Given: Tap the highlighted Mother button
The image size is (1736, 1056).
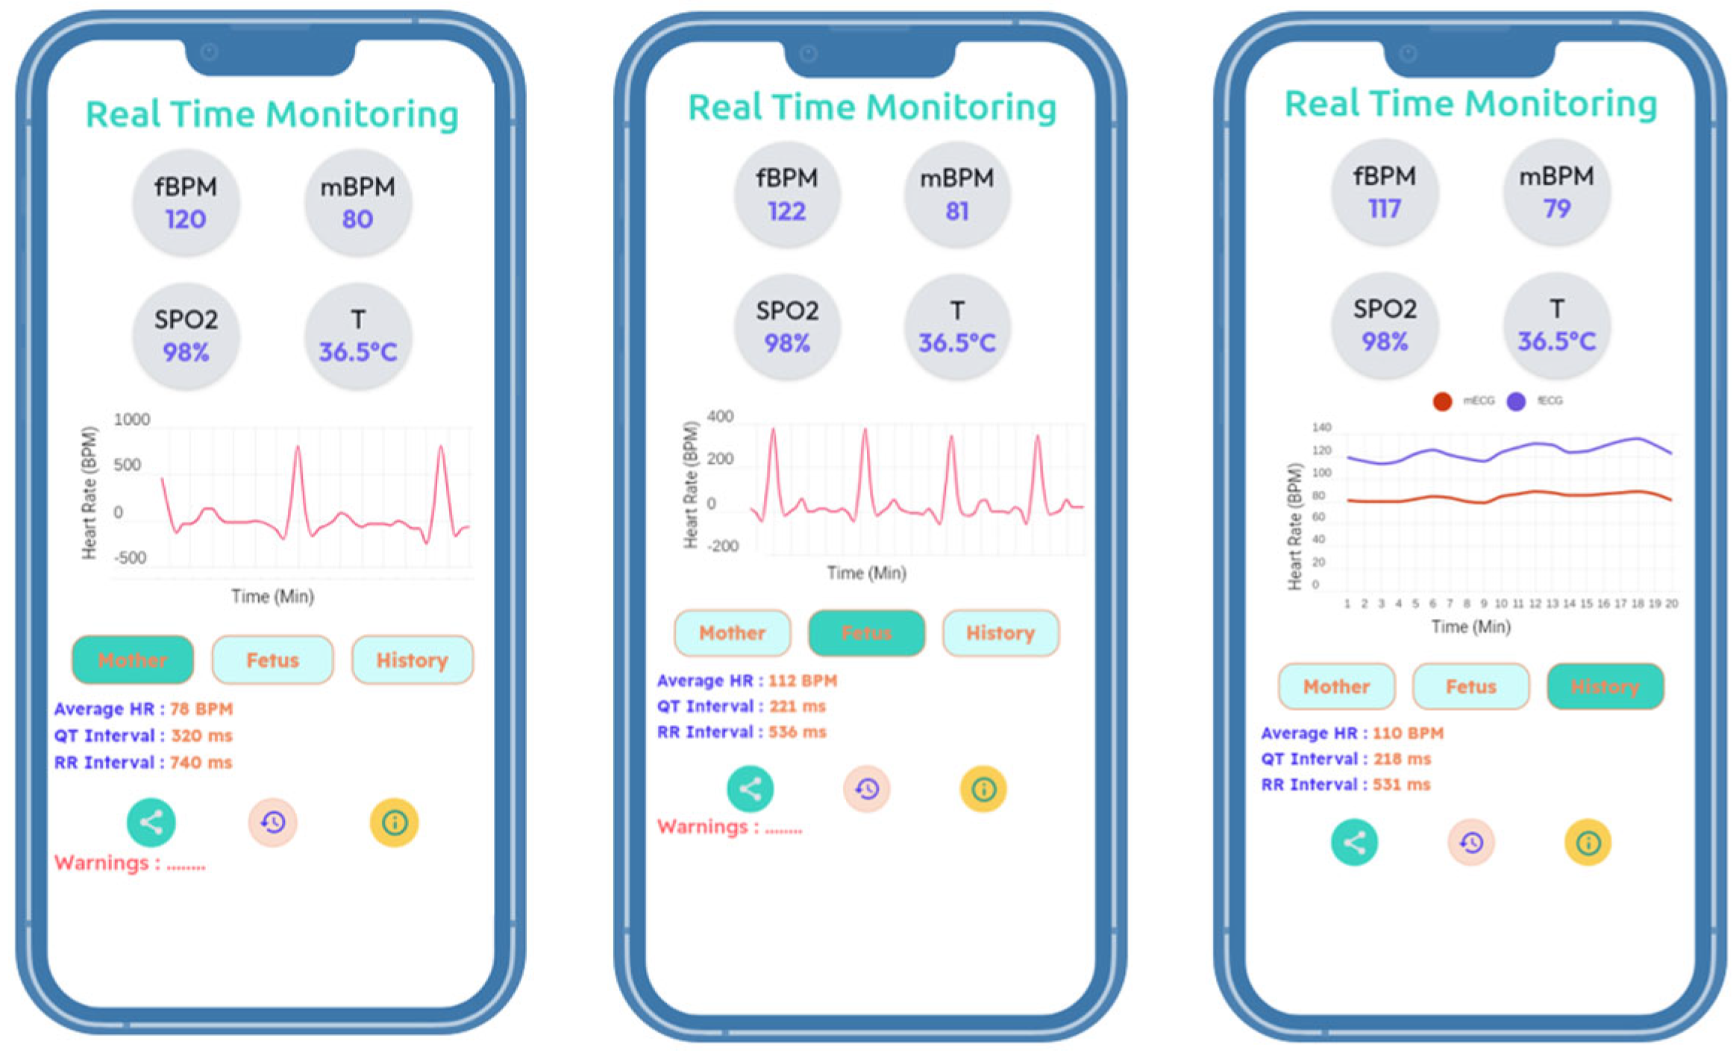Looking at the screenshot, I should [133, 660].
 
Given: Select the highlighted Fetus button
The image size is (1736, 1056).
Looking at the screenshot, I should [866, 633].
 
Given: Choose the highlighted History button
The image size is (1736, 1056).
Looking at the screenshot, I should [1605, 686].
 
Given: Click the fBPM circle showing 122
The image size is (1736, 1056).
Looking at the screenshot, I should [787, 195].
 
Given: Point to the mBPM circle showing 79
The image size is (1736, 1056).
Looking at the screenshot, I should [1557, 192].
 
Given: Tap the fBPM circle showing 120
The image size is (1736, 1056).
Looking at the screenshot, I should [186, 203].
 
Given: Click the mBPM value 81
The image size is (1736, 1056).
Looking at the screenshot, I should [957, 212].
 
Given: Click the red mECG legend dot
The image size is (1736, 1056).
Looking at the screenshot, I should [1442, 401].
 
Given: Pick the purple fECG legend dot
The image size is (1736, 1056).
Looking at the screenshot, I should [1516, 401].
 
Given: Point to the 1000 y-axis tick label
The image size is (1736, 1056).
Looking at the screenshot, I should [131, 420].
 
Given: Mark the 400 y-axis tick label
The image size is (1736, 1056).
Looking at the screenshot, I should [720, 416].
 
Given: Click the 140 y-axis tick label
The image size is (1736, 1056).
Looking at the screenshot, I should [1321, 428].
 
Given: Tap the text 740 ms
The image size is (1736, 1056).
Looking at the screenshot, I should [201, 762].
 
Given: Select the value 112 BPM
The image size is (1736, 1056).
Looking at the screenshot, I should [803, 680].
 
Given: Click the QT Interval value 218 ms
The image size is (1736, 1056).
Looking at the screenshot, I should [1402, 758].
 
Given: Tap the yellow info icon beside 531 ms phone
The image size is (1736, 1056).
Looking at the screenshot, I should [1588, 843].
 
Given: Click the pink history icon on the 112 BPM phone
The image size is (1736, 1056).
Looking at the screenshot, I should [866, 789].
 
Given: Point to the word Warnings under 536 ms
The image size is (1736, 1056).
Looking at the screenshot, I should [702, 827].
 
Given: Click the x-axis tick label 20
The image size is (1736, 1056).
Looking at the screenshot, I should [1672, 603].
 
